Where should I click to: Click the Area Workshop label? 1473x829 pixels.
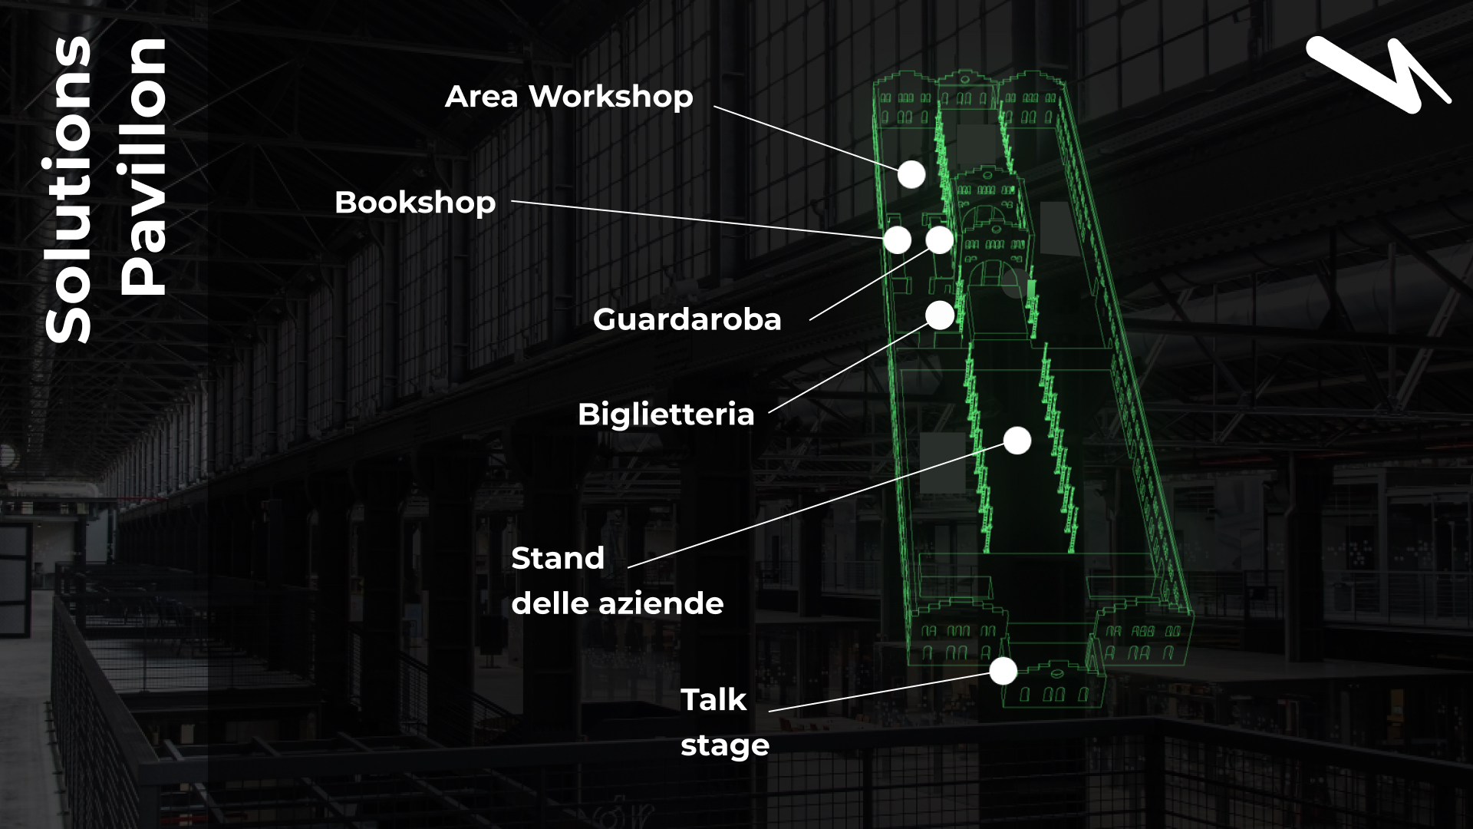point(568,97)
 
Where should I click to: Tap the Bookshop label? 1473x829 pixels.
point(415,203)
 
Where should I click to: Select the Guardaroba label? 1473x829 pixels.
point(687,319)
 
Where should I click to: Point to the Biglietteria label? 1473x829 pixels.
point(666,414)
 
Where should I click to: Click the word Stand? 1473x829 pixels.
point(558,558)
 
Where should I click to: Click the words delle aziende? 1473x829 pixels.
point(617,603)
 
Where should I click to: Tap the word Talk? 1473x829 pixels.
point(713,700)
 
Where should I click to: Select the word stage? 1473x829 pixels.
point(725,745)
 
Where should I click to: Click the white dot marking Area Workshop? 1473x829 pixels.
point(911,175)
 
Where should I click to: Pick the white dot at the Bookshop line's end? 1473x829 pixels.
point(897,240)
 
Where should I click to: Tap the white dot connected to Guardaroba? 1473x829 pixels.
point(940,240)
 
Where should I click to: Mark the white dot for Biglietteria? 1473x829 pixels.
point(940,315)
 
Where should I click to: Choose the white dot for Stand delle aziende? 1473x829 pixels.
point(1017,441)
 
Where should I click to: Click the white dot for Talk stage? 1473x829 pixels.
point(1003,672)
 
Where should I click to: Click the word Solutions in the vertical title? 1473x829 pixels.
point(69,190)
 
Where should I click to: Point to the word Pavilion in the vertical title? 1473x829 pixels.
point(143,167)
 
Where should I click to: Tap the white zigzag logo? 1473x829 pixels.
point(1378,74)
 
